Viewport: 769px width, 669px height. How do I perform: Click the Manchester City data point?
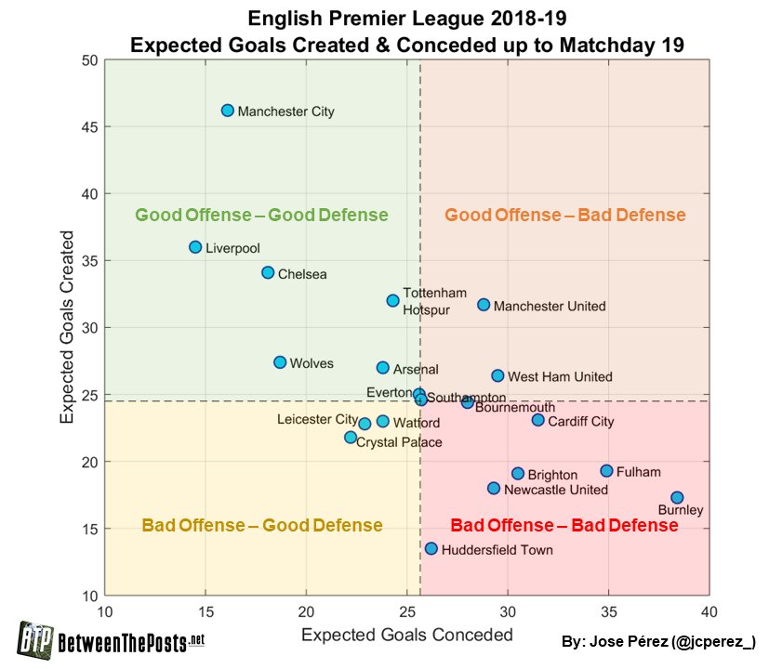coord(228,111)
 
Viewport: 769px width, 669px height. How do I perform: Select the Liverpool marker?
coord(195,247)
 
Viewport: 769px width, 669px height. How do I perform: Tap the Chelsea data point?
coord(268,273)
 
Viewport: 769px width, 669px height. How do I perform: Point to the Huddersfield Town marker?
coord(431,549)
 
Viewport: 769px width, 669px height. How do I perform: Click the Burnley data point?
coord(677,498)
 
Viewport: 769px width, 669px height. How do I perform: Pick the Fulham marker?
coord(606,471)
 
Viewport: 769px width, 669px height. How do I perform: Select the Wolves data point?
coord(280,362)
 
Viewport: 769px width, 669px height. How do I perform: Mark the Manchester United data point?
coord(484,305)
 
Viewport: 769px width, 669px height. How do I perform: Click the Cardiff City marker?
coord(537,420)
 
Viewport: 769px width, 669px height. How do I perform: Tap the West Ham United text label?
coord(560,377)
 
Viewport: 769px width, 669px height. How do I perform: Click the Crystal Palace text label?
coord(399,442)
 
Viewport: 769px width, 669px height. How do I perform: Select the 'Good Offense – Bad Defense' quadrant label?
coord(564,216)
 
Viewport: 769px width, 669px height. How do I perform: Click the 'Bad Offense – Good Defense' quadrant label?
coord(262,526)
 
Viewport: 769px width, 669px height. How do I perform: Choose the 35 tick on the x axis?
coord(608,611)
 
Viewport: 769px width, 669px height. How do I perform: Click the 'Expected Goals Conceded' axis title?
coord(406,635)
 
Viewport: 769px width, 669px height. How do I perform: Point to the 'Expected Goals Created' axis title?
coord(67,328)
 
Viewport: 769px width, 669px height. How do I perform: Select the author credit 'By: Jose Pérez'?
coord(659,642)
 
